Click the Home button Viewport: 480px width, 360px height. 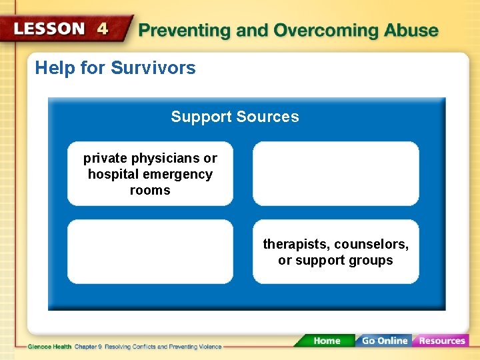[326, 341]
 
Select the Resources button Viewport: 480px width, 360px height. [441, 341]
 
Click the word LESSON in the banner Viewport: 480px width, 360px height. [49, 29]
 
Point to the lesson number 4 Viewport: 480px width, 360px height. [103, 29]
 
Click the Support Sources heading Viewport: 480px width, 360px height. [235, 117]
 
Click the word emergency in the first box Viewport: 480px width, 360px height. [177, 175]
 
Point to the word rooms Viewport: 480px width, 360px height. [150, 191]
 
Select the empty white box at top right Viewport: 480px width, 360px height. [335, 173]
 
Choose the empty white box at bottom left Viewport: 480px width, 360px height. [150, 252]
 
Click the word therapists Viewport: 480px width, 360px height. [295, 245]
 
